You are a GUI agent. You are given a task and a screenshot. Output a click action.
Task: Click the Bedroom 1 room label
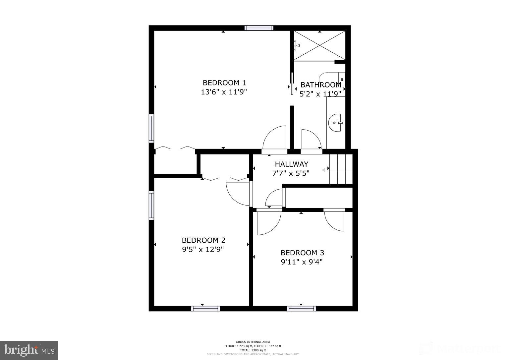224,83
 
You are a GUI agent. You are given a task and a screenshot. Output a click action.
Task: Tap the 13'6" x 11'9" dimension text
224,92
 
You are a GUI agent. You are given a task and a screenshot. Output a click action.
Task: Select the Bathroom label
320,85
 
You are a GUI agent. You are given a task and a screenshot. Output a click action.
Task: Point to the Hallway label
291,164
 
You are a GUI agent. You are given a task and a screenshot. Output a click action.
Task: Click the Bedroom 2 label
203,240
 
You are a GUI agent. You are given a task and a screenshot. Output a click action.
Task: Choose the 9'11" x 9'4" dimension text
302,262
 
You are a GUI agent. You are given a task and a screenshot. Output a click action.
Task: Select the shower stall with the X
319,46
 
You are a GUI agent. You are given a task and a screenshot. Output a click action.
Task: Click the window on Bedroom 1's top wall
259,28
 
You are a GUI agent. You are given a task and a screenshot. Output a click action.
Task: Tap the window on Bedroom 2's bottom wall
205,309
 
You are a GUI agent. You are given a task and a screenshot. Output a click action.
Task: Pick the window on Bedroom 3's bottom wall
301,309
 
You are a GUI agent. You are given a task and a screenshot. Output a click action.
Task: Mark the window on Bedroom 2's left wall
151,205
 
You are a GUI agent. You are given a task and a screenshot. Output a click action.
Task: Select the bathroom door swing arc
311,139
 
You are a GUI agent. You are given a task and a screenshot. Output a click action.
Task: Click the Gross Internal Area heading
253,342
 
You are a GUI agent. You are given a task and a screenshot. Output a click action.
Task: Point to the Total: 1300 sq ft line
253,350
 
